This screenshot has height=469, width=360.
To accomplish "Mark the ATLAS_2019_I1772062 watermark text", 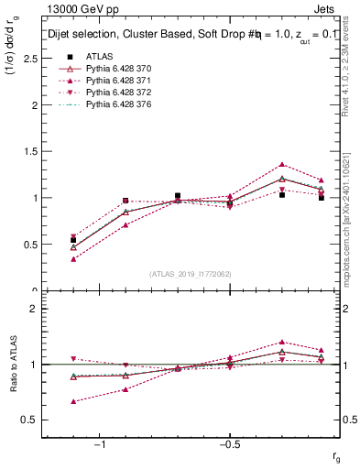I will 191,274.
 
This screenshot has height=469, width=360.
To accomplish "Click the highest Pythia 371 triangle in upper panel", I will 282,165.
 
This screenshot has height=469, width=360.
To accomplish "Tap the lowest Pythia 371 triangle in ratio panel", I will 73,401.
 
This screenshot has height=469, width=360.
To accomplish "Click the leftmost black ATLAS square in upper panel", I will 73,240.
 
